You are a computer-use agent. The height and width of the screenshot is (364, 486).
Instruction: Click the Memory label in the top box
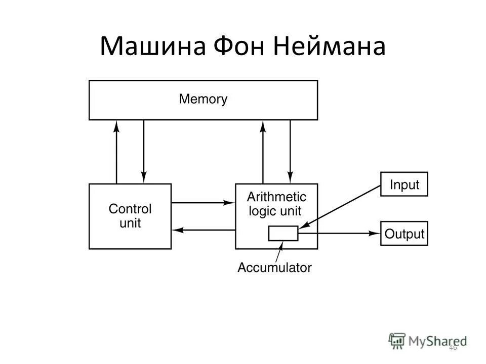tap(203, 99)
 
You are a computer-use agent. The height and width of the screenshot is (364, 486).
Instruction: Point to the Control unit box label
tap(130, 215)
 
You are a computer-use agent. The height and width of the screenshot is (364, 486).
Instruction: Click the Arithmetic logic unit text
tap(277, 203)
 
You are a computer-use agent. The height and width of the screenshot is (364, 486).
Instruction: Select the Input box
tap(404, 185)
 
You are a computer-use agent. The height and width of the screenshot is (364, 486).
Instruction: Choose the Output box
tap(404, 234)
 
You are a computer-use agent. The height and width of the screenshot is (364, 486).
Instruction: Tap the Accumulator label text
tap(274, 267)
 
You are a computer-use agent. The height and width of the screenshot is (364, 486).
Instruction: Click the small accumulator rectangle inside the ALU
tap(283, 233)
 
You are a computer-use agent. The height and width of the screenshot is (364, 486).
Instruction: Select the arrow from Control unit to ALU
tap(202, 203)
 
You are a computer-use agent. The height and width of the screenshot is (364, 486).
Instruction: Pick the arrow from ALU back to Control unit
tap(202, 230)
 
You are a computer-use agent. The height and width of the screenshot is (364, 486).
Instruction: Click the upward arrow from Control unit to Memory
tap(117, 152)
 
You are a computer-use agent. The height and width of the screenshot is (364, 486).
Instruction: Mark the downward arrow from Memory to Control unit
tap(144, 152)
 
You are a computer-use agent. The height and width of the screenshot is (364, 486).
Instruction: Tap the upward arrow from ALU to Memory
tap(263, 152)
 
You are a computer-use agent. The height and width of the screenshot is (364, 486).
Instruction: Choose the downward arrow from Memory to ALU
tap(290, 152)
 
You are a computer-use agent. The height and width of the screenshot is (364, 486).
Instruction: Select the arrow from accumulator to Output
tap(339, 234)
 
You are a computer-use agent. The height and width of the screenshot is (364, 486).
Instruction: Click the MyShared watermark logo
tap(428, 340)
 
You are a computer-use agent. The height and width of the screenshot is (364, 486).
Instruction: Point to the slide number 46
tap(453, 347)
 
